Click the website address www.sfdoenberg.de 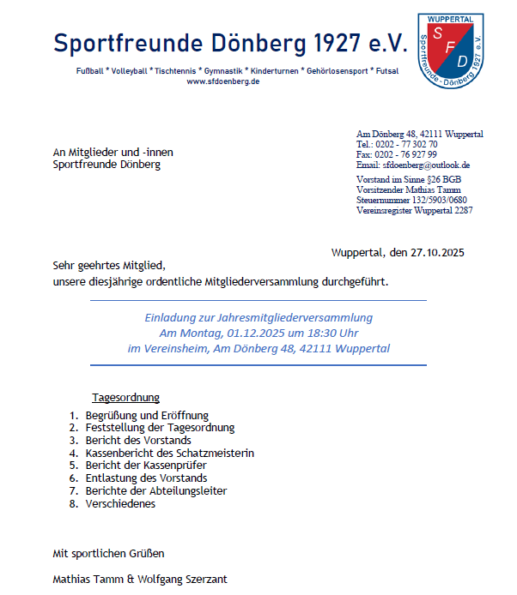click(x=223, y=81)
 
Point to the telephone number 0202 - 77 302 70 click(x=406, y=144)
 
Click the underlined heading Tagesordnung click(x=125, y=397)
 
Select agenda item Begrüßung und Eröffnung click(x=147, y=415)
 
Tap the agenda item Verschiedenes click(x=120, y=504)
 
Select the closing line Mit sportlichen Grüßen click(x=108, y=553)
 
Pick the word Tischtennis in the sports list click(x=175, y=69)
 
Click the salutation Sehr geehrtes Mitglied click(x=108, y=265)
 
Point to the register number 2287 click(x=464, y=210)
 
